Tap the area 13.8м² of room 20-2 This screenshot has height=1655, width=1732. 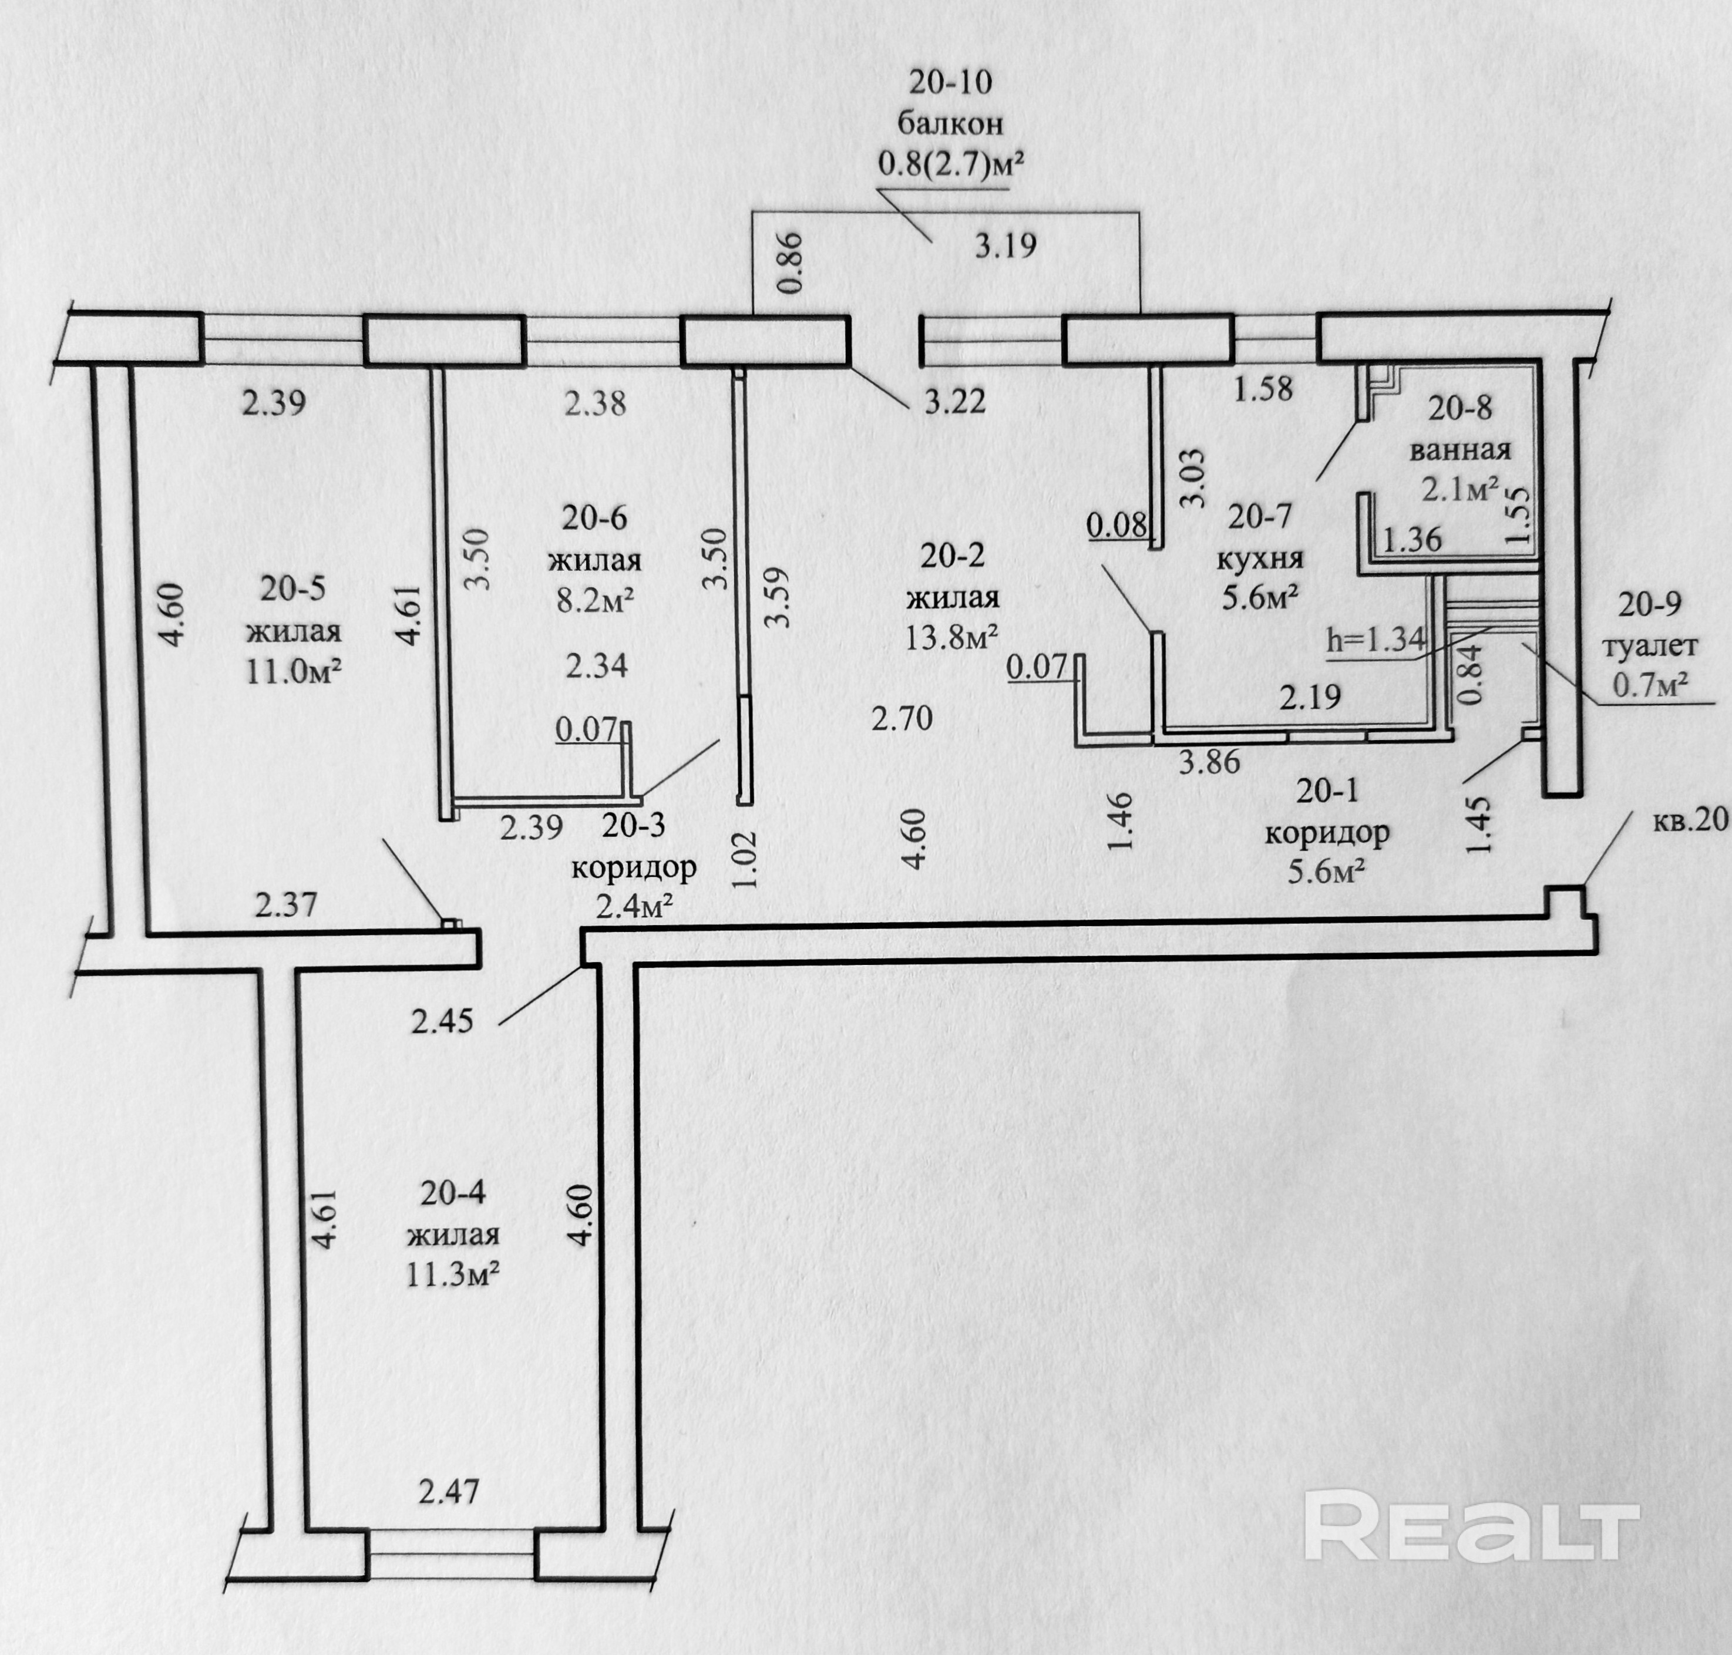[x=952, y=636]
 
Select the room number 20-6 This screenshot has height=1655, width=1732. [x=595, y=518]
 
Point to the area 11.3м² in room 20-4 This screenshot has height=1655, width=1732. [x=453, y=1274]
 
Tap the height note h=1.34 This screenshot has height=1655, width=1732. [x=1375, y=641]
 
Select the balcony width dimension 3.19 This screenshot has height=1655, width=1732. [x=1005, y=245]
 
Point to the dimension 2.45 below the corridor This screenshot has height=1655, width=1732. [x=442, y=1021]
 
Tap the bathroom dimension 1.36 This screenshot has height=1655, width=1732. [x=1412, y=539]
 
